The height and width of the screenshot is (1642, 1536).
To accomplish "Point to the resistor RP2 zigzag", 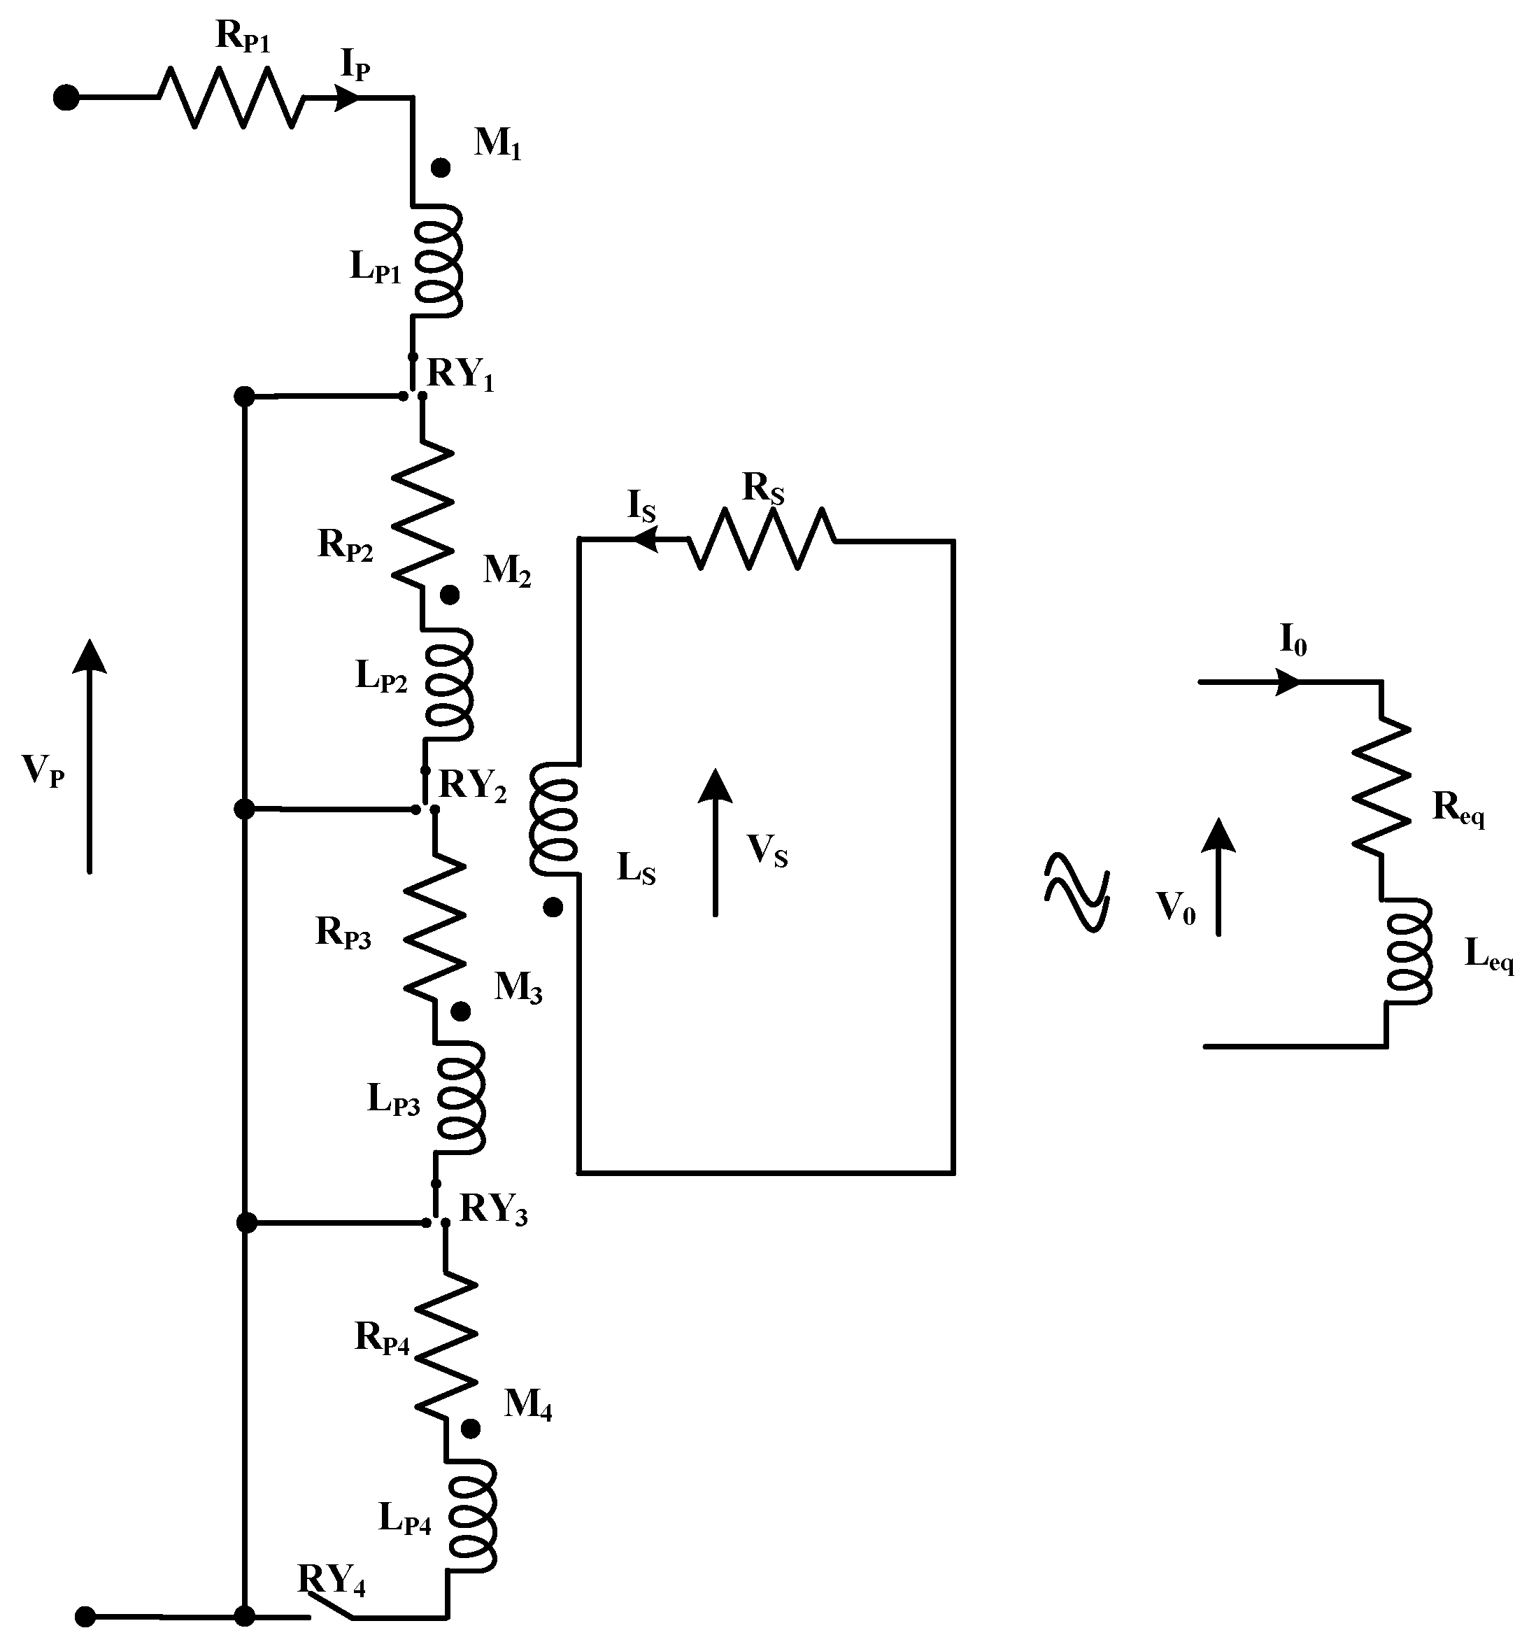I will (x=422, y=514).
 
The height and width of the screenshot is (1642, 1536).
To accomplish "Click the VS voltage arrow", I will (x=715, y=842).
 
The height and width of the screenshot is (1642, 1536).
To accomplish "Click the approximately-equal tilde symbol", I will (x=1076, y=893).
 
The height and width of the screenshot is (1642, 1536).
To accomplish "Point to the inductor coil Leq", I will (x=1408, y=951).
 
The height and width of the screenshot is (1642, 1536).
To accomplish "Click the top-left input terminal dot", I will (x=66, y=97).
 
